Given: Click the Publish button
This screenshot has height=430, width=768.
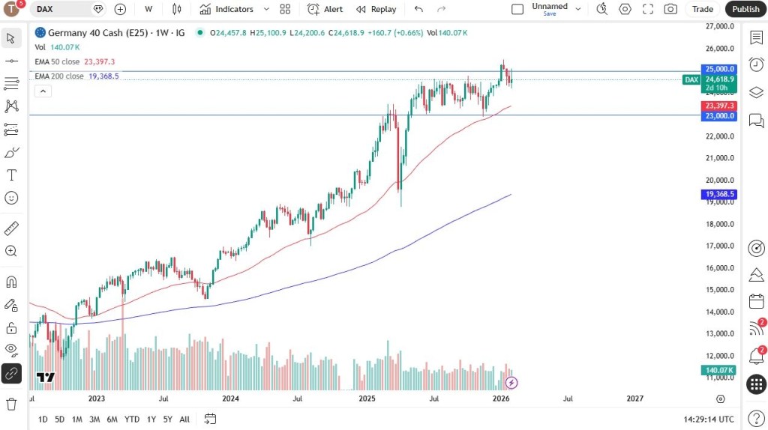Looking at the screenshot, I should coord(745,9).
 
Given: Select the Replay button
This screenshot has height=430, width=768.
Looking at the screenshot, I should coord(376,9).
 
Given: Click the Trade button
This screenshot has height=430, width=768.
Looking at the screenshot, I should coord(702,9).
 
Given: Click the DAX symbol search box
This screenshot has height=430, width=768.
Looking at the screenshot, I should coord(66,9).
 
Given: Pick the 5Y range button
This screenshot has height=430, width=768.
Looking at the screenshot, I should coord(167,419).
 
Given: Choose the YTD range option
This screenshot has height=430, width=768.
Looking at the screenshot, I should coord(132,419).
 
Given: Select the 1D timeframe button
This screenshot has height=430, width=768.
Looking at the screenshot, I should coord(43,419).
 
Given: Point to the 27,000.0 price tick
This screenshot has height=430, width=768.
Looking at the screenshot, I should coord(719,26).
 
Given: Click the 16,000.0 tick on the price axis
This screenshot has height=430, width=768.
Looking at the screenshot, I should coord(719,268).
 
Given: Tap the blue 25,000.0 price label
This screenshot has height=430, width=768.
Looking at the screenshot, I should coord(719,69).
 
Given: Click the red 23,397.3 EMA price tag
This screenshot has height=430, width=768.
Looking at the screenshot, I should coord(719,106).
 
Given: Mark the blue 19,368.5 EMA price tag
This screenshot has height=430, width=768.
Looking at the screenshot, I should coord(719,195).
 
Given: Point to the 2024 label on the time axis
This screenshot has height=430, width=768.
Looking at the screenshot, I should coord(231,399).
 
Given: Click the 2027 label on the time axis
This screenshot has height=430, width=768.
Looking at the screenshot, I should coord(634,399).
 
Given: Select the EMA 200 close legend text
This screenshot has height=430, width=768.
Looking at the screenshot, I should coord(59,76).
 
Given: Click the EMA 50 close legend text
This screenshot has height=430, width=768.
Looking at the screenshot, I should coord(57,61).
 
